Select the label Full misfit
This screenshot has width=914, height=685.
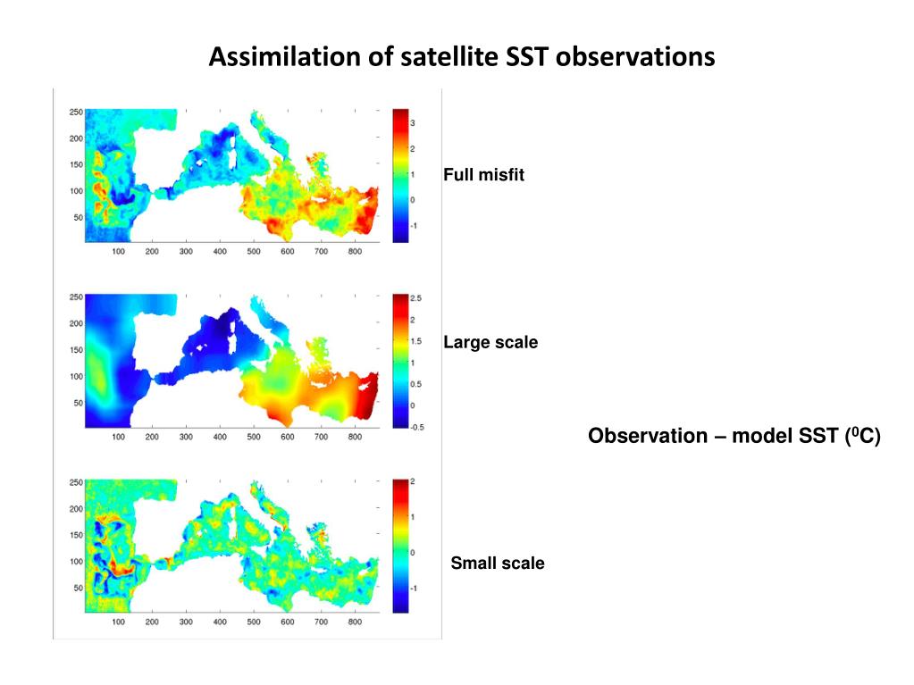(x=483, y=175)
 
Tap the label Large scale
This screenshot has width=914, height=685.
(x=491, y=342)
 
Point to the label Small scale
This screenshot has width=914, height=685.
(x=498, y=564)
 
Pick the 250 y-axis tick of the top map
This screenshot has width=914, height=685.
(x=76, y=112)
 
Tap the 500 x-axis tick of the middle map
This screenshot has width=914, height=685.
(x=254, y=438)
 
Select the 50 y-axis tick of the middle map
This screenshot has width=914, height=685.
(x=79, y=403)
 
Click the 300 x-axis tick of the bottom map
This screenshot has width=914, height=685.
(x=186, y=622)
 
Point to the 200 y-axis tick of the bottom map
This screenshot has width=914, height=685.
(x=76, y=508)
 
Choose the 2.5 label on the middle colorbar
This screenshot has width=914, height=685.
(x=415, y=298)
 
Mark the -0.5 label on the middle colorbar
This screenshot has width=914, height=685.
(x=416, y=427)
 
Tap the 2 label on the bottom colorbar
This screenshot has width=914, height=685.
(x=413, y=481)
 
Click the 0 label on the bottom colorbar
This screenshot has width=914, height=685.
(x=413, y=553)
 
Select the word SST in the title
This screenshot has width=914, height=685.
(x=526, y=57)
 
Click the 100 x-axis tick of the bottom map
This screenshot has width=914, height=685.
(x=118, y=622)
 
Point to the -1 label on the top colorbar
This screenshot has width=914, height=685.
(x=413, y=226)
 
